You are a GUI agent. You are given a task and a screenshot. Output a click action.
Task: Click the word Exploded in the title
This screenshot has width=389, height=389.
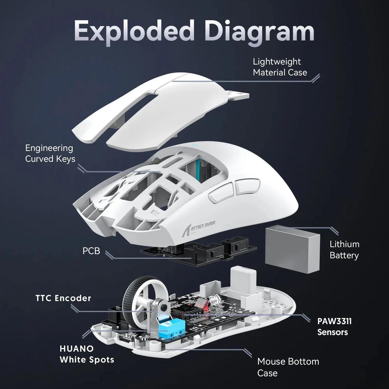(134, 32)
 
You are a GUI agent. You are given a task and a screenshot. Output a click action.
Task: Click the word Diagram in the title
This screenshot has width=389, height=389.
(259, 32)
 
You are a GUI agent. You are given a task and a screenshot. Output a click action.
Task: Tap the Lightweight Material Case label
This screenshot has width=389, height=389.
(280, 67)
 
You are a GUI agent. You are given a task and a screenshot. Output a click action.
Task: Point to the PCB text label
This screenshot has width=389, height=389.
(91, 251)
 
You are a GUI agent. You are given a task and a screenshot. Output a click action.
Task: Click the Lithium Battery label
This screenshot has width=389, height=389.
(344, 249)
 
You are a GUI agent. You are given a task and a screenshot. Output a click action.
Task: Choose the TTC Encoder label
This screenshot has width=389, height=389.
(63, 298)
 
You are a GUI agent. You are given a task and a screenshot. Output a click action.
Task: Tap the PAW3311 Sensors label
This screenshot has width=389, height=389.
(334, 327)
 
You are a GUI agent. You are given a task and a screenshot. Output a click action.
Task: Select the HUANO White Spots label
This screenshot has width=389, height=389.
(87, 354)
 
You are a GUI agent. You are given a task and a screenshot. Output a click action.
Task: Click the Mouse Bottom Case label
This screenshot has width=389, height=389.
(288, 367)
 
